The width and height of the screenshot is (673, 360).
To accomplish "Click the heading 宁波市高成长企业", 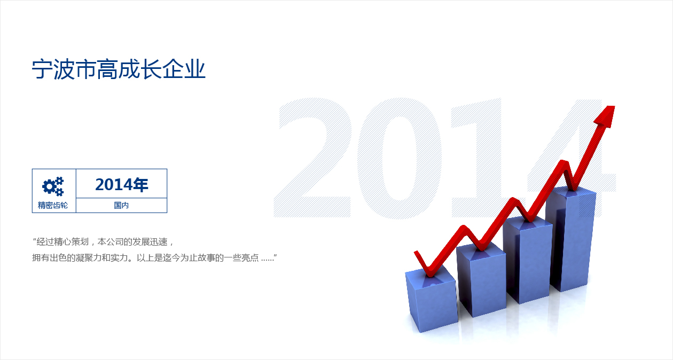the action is (x=119, y=69).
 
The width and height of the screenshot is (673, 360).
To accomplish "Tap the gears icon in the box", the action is (x=53, y=186).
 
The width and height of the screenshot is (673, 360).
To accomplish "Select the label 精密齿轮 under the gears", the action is (x=53, y=205).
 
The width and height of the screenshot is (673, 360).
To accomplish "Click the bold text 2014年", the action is (x=122, y=184).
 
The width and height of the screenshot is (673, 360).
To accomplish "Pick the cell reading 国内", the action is (x=121, y=205).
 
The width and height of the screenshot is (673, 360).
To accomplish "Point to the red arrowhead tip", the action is (x=614, y=106).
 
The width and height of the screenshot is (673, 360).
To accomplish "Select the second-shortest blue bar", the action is (x=481, y=279).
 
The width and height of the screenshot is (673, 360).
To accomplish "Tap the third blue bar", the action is (x=528, y=259).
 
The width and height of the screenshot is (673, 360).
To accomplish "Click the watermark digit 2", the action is (x=312, y=158).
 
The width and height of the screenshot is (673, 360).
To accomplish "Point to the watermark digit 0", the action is (x=400, y=158).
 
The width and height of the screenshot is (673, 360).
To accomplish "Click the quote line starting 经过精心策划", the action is (x=103, y=241).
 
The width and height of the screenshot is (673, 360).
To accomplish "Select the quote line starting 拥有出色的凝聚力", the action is (x=154, y=257).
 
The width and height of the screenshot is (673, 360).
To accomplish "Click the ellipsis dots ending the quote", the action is (x=268, y=260).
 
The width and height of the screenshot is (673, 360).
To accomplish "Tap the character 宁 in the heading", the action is (x=42, y=69).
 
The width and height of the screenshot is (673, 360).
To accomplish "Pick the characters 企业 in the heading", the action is (x=184, y=69).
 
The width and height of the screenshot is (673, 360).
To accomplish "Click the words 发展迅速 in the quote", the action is (x=150, y=241).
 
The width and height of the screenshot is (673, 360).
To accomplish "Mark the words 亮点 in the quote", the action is (x=250, y=257).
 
